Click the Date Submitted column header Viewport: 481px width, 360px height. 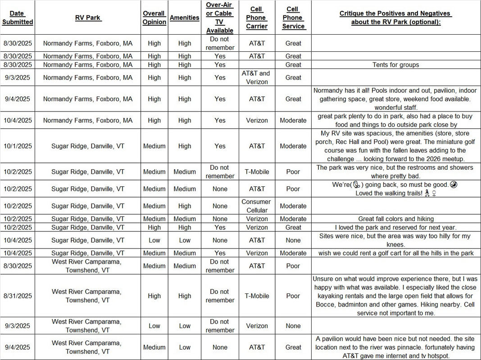[x=18, y=18]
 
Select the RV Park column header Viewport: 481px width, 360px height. [x=88, y=18]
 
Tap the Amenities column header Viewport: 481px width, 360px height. [x=184, y=18]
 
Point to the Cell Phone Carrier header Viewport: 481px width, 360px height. [x=257, y=18]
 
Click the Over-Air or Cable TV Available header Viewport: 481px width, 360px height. [x=220, y=18]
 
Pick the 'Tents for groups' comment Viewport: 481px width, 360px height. [x=395, y=65]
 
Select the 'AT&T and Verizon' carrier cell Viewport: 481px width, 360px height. [x=257, y=77]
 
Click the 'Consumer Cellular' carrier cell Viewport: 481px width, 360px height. [x=257, y=206]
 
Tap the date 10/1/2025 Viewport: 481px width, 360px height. [x=18, y=146]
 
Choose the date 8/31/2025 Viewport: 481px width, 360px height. [x=18, y=296]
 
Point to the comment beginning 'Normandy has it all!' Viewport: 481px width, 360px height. [x=395, y=99]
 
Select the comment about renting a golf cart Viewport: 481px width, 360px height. [x=395, y=253]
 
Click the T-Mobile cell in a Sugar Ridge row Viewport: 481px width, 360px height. [x=257, y=172]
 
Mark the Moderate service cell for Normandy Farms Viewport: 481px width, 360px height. [x=293, y=121]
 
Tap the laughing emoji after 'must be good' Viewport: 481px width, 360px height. [x=454, y=185]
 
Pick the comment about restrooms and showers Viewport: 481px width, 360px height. [x=395, y=172]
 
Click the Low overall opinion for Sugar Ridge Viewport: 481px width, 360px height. [x=154, y=240]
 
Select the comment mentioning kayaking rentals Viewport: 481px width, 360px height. [x=395, y=296]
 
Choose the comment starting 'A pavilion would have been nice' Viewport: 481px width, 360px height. [x=395, y=347]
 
